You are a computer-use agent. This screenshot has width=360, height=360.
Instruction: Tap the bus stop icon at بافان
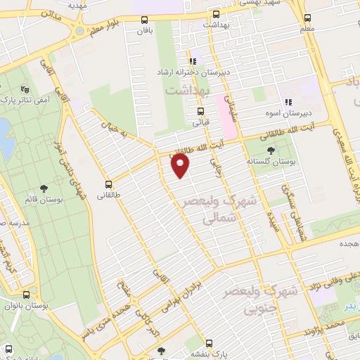[144, 20]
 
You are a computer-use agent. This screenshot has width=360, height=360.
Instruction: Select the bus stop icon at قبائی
[200, 110]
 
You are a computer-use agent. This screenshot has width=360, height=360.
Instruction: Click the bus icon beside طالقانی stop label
[108, 179]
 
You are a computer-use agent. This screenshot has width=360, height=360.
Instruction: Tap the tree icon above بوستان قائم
[44, 188]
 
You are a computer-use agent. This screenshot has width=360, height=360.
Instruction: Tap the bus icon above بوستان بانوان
[26, 295]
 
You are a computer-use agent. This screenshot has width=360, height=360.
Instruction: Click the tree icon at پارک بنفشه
[162, 349]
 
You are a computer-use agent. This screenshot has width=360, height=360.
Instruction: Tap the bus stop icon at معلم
[307, 19]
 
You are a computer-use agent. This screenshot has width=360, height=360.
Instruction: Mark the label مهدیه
[98, 4]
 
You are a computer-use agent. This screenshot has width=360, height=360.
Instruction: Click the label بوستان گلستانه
[267, 160]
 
